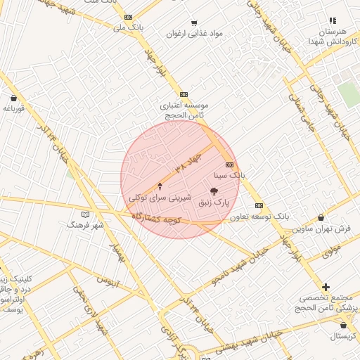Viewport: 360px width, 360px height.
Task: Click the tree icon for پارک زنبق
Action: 214,191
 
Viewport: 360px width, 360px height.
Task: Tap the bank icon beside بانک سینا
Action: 229,165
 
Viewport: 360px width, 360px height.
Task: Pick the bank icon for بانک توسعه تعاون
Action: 259,205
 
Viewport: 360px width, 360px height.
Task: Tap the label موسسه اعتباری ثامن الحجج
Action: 184,110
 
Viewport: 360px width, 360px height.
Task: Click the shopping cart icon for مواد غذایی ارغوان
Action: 195,22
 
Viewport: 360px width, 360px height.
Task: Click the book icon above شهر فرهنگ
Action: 86,214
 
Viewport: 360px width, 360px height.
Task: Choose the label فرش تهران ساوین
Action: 322,229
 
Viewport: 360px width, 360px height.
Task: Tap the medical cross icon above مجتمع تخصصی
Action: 326,287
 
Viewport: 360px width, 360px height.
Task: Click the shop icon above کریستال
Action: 343,325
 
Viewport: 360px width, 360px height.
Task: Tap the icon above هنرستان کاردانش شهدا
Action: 333,21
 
